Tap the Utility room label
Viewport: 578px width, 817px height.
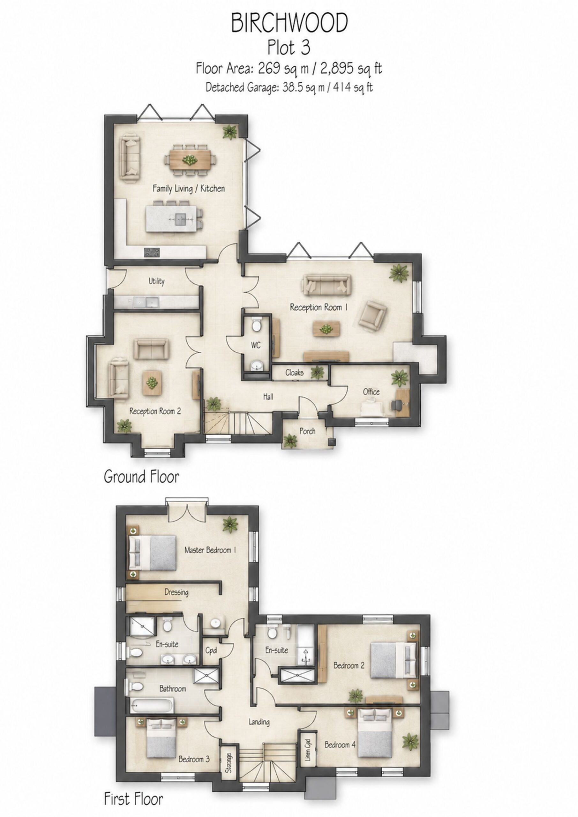point(157,281)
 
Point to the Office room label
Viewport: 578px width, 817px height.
point(371,392)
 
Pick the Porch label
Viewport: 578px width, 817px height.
point(307,431)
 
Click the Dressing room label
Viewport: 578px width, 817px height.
point(176,592)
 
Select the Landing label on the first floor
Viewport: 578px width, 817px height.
point(259,722)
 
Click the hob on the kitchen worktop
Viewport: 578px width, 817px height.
point(152,252)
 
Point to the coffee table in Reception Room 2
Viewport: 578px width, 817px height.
point(152,383)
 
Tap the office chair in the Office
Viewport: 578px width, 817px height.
point(396,405)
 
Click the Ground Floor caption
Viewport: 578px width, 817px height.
point(141,477)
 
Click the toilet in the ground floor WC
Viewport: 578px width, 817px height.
point(256,325)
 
